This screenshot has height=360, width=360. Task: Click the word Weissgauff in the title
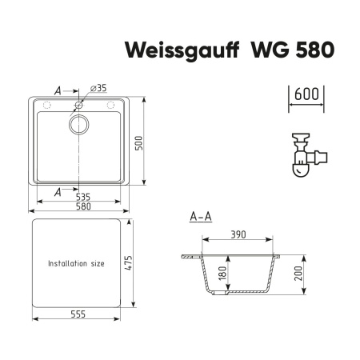[173, 50]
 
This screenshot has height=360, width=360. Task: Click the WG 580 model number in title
[282, 50]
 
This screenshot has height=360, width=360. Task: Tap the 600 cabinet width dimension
[305, 94]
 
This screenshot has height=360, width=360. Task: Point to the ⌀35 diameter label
[99, 87]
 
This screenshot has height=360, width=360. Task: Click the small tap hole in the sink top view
[80, 106]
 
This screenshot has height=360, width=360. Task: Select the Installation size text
[76, 263]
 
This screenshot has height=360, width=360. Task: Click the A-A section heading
[200, 216]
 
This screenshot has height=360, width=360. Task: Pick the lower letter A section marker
[58, 190]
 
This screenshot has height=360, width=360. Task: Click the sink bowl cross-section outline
[210, 276]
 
